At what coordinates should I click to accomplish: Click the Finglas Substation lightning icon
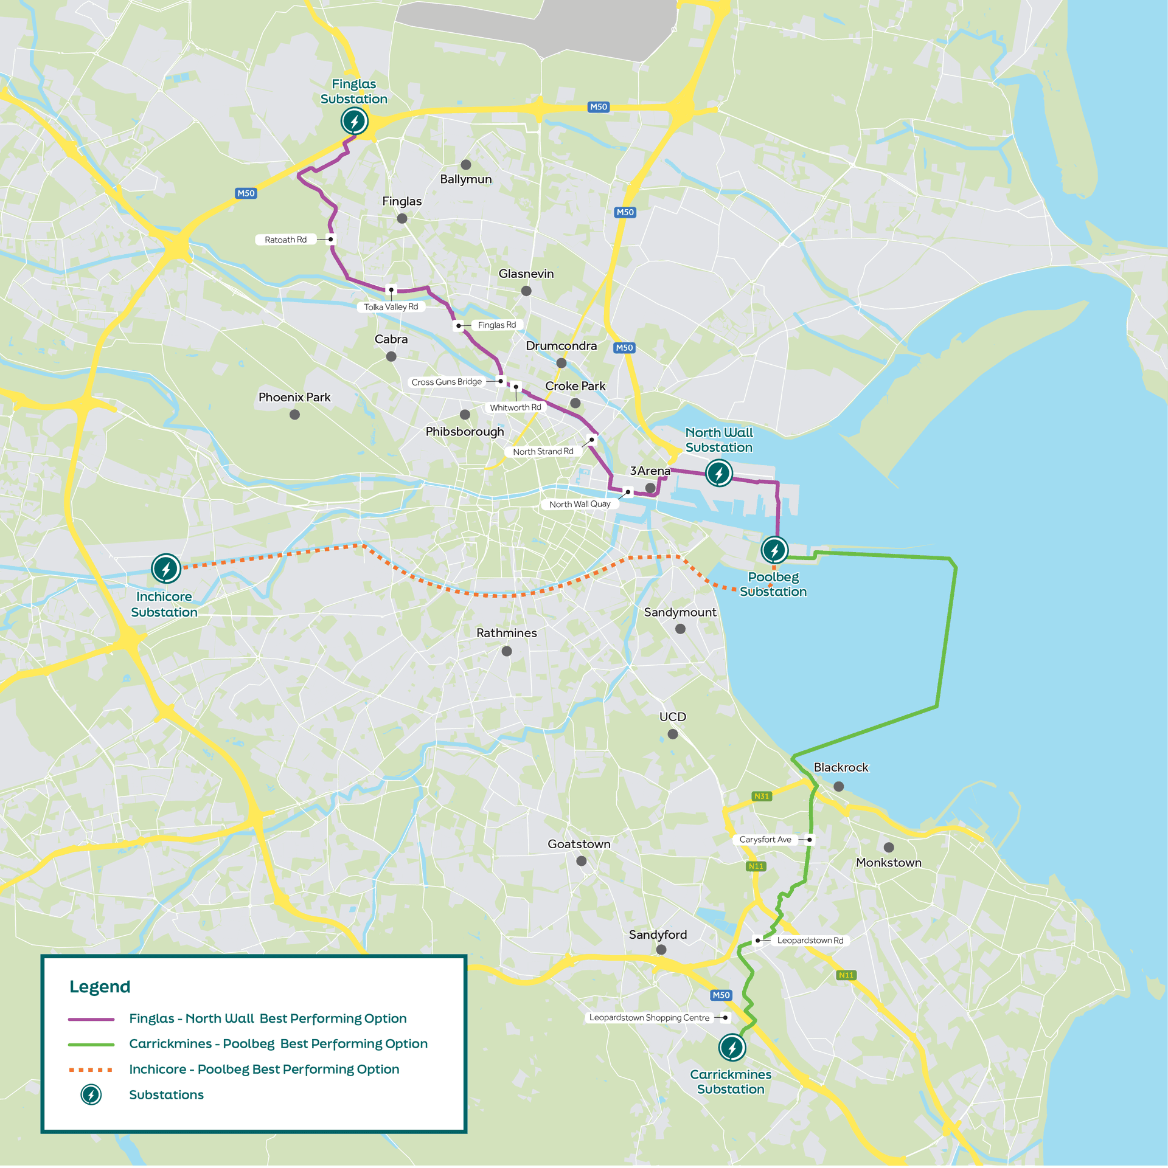354,121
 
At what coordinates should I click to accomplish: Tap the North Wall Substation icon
718,473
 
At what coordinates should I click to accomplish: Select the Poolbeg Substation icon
774,550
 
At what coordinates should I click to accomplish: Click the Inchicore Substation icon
165,568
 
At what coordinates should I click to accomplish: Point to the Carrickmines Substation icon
732,1047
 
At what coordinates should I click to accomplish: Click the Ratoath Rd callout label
285,240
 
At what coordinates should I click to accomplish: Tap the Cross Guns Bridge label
447,382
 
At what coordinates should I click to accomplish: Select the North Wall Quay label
579,504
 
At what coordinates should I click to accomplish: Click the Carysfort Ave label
765,839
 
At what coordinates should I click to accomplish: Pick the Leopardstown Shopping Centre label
649,1017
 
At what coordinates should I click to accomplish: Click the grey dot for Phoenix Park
294,415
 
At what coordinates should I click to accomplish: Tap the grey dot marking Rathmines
507,651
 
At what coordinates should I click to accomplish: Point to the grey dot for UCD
673,734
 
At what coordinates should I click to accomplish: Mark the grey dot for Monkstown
889,847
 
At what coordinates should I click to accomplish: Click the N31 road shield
762,796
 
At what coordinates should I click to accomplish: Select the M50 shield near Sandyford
721,995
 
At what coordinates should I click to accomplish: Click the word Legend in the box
100,986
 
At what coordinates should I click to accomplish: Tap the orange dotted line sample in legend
91,1070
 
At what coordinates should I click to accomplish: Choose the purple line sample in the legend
91,1018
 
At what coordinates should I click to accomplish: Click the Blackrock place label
841,767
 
